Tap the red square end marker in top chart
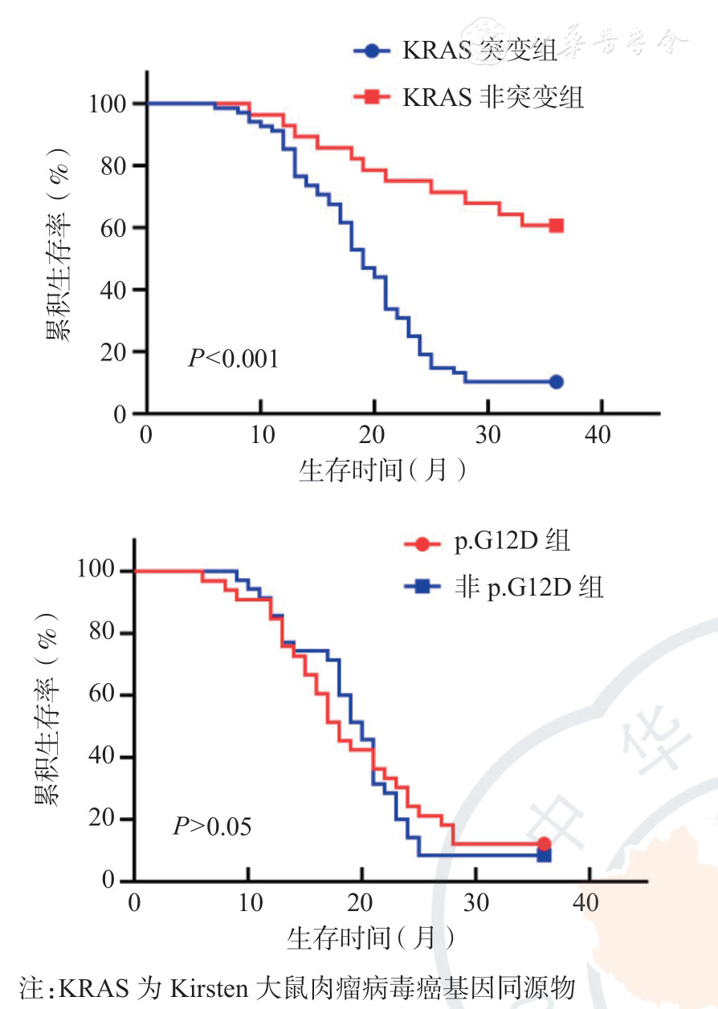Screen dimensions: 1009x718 tap(556, 226)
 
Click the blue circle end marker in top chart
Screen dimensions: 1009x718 tap(556, 382)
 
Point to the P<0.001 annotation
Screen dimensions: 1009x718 tap(233, 358)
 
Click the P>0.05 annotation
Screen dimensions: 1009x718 tap(212, 826)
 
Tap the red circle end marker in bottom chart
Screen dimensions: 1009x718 tap(544, 844)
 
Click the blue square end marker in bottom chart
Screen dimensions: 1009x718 tap(544, 856)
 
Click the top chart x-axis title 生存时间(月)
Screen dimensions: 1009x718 tap(383, 470)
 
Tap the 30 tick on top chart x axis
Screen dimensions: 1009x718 tap(486, 436)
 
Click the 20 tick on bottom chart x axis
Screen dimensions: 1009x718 tap(361, 902)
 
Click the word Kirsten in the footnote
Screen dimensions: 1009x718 tap(210, 987)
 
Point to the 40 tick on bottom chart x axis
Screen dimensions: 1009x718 tap(587, 902)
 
